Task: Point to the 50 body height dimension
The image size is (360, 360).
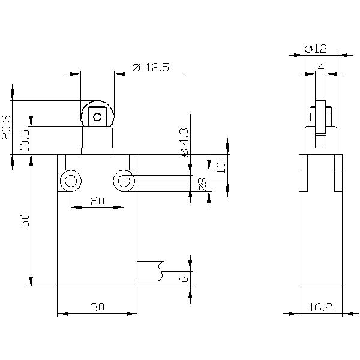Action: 25,221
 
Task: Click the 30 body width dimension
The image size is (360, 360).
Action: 97,307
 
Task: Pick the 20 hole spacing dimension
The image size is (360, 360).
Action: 97,202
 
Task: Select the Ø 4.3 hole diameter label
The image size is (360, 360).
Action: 184,142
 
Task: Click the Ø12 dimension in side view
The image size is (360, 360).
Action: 315,49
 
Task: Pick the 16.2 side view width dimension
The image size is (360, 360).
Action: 320,307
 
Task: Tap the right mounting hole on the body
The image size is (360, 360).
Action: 124,181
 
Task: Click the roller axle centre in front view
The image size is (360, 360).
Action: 97,116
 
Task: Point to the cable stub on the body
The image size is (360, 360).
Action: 149,270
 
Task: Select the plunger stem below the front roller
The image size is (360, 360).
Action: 97,140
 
